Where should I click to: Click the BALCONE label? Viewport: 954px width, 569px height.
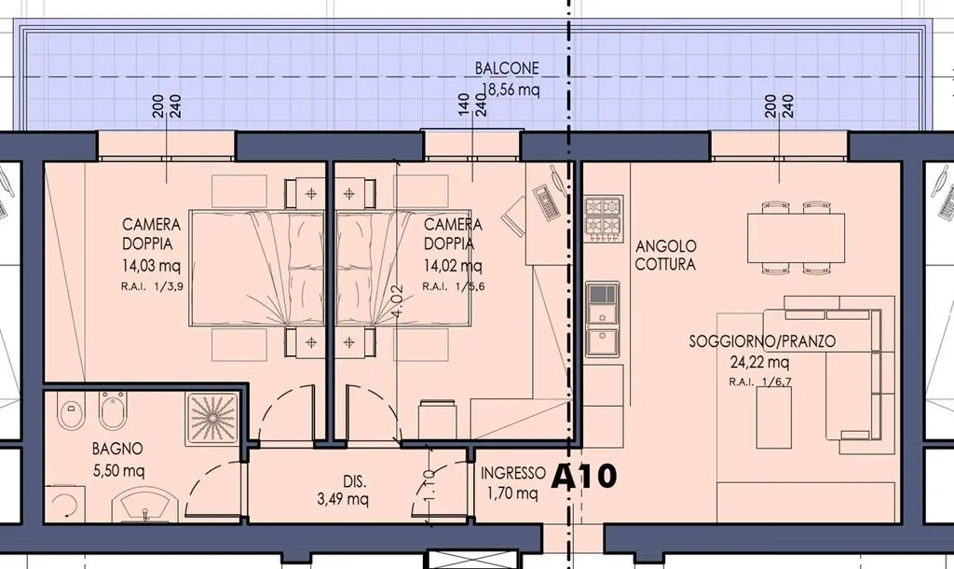tap(507, 67)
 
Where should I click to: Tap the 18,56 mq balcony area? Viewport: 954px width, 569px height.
tap(511, 90)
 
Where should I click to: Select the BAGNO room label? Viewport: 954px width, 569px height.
tap(117, 449)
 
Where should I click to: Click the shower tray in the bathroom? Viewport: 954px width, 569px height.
tap(212, 417)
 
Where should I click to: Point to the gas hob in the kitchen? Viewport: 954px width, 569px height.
tap(604, 217)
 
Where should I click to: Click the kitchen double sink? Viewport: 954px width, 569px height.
tap(603, 319)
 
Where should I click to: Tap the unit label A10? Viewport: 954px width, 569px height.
tap(584, 476)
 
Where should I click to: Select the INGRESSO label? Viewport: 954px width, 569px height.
tap(513, 473)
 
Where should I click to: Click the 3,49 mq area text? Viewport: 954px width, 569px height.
tap(343, 500)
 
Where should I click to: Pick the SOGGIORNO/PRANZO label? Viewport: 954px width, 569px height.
tap(762, 341)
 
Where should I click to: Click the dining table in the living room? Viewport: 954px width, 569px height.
tap(796, 237)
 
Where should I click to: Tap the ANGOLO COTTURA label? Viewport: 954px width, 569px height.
tap(665, 256)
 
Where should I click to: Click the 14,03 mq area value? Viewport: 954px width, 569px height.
tap(151, 266)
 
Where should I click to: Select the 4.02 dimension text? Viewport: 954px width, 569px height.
tap(399, 300)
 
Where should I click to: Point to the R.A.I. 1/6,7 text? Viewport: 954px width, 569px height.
tap(760, 382)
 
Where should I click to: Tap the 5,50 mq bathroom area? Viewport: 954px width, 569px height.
tap(118, 470)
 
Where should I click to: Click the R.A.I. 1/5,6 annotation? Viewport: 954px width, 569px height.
tap(454, 286)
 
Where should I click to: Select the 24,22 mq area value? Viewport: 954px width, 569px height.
tap(760, 363)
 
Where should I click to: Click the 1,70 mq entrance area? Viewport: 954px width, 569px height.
tap(512, 493)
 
